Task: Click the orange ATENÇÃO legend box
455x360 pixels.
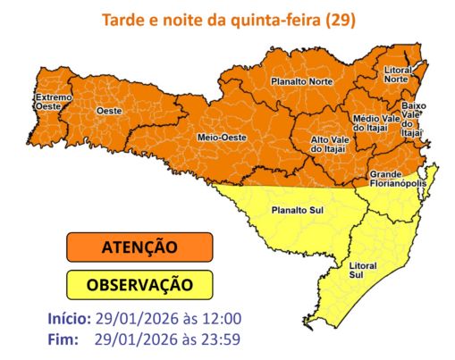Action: click(x=139, y=247)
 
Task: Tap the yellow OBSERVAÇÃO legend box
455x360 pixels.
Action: click(x=139, y=285)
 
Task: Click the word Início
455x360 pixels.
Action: click(x=68, y=318)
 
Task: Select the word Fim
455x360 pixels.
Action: click(x=62, y=339)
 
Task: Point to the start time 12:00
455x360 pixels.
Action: click(x=223, y=318)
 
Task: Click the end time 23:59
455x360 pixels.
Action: click(x=223, y=339)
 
